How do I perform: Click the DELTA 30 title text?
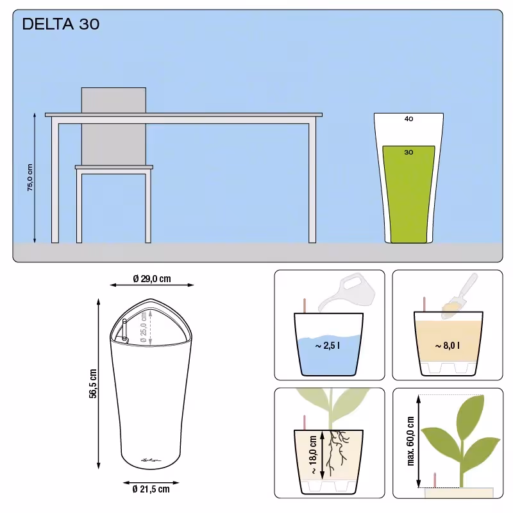(x=60, y=24)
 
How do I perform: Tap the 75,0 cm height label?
(x=29, y=178)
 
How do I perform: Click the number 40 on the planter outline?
(x=408, y=119)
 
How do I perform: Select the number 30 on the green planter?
(x=408, y=152)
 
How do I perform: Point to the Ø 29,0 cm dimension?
(x=152, y=279)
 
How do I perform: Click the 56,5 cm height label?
(x=93, y=383)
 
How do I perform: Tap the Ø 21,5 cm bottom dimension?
(x=151, y=489)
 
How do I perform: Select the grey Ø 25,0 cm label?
(x=143, y=327)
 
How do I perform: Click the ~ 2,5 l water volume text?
(x=328, y=346)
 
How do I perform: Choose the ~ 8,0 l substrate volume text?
(x=447, y=346)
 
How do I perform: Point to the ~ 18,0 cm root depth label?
(x=313, y=455)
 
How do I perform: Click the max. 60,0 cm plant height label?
(x=410, y=441)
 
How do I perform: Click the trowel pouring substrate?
(x=459, y=296)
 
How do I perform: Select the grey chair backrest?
(x=114, y=126)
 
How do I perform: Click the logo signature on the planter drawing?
(x=151, y=460)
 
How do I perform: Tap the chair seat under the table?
(x=114, y=167)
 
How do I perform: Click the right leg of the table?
(x=312, y=183)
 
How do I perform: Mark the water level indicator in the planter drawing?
(x=124, y=330)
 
